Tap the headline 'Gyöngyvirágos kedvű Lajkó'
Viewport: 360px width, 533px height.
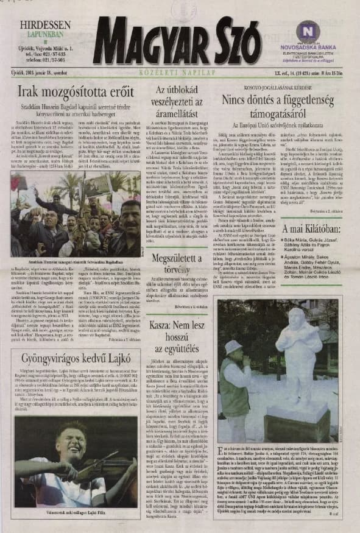(73, 358)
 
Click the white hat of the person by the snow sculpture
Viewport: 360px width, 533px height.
(234, 347)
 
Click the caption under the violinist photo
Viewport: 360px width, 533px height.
(74, 514)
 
